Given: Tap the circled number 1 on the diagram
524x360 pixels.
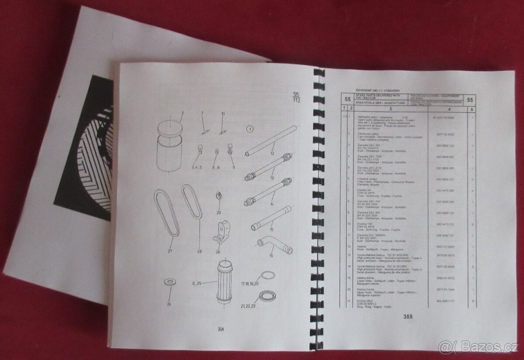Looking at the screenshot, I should [250, 129].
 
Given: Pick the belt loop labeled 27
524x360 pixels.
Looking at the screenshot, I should [167, 214].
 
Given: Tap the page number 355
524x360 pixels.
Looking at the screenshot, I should [407, 316].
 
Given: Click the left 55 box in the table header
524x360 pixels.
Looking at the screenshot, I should [348, 100].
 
